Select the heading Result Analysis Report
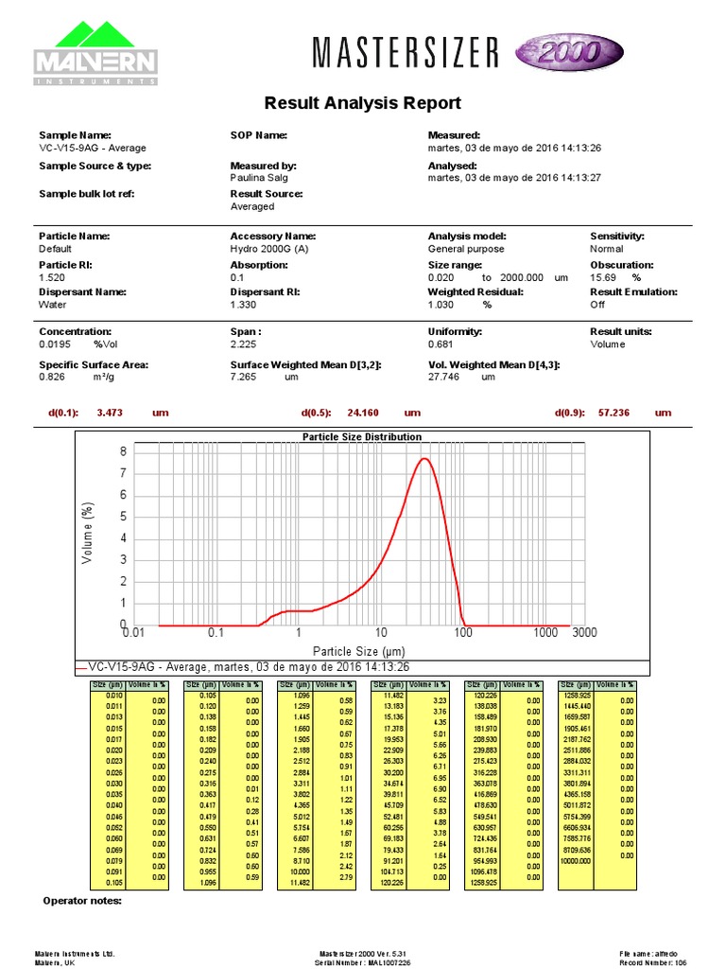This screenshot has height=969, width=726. (x=363, y=103)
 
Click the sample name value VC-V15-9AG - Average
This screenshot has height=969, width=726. (x=92, y=149)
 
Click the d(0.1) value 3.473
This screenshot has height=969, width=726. (x=112, y=413)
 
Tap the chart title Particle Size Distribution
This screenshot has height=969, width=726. (x=362, y=437)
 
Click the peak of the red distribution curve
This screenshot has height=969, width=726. (x=425, y=459)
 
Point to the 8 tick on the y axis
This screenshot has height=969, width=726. (x=122, y=452)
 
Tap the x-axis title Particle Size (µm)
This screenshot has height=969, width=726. (x=359, y=651)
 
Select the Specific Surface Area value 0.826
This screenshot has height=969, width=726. (x=53, y=377)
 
